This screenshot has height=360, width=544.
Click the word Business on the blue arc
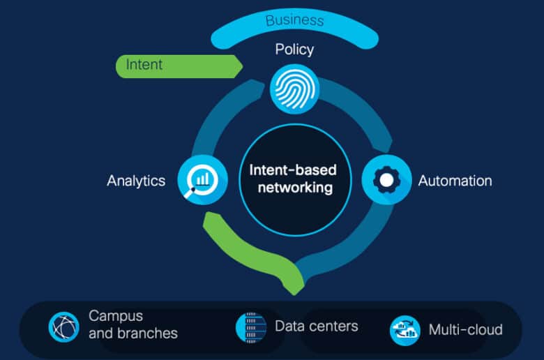point(294,20)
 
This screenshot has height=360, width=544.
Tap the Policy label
point(294,50)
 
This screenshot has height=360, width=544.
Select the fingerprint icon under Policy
point(295,89)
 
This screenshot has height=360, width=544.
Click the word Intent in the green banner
point(144,65)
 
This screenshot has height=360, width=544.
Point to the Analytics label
point(136,181)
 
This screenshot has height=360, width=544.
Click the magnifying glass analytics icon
point(203,180)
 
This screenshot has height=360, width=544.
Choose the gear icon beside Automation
point(386,180)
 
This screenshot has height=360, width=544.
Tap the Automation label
point(455,181)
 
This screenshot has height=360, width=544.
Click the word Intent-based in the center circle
point(293,170)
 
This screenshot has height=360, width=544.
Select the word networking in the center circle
point(295,188)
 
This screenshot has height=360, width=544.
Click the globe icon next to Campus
point(64,327)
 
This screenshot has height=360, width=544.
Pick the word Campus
point(116,317)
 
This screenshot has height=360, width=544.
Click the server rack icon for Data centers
point(251,327)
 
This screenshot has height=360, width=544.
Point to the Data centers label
point(317,327)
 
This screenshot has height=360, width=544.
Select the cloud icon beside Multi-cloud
point(405,330)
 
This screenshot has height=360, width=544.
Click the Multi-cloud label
point(466,330)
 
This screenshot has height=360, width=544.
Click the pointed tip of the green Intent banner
point(243,66)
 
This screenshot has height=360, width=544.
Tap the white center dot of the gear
point(386,180)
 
